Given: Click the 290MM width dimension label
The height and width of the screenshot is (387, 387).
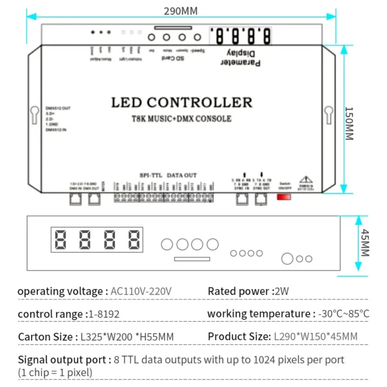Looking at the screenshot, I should pyautogui.click(x=181, y=11).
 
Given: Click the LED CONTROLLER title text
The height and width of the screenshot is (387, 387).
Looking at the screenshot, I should pyautogui.click(x=182, y=103).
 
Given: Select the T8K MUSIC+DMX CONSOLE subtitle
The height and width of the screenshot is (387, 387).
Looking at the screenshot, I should pyautogui.click(x=181, y=119).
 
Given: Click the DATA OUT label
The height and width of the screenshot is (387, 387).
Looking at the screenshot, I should pyautogui.click(x=183, y=174).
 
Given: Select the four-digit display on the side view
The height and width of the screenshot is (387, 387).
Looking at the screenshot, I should pyautogui.click(x=97, y=241).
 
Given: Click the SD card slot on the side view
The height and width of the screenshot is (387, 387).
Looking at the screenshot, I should pyautogui.click(x=191, y=259).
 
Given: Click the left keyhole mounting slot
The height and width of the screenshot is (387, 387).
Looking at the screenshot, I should pyautogui.click(x=34, y=114).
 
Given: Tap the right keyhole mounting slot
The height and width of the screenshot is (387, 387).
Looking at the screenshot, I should pyautogui.click(x=328, y=114).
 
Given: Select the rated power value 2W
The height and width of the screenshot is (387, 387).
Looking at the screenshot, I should pyautogui.click(x=283, y=292).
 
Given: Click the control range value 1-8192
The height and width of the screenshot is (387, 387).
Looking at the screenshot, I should pyautogui.click(x=103, y=314).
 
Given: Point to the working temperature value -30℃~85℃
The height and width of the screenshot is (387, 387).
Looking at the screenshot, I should pyautogui.click(x=344, y=314).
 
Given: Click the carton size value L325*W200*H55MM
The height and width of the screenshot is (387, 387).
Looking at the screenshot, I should pyautogui.click(x=127, y=337).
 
